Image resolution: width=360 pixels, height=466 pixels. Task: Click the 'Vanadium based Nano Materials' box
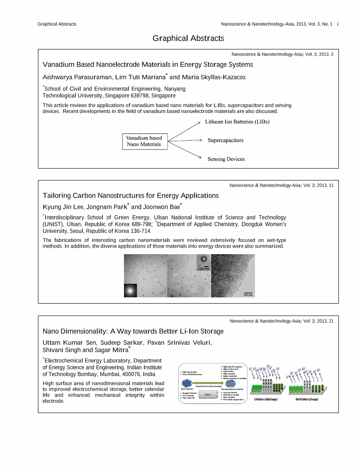144,141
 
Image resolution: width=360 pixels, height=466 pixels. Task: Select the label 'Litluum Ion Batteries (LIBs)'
237,121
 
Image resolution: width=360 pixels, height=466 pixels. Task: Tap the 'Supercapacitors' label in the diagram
225,140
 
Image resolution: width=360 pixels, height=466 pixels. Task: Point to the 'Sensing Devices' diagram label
226,159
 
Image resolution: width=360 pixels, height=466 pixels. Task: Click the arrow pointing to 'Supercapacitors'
185,140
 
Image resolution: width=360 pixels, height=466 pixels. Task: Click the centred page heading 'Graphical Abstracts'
188,38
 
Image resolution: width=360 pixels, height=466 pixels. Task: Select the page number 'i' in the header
337,24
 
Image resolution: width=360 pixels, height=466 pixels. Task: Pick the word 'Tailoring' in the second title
56,195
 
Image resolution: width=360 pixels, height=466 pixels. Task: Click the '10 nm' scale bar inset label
204,268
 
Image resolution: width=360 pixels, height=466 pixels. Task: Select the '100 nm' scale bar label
248,295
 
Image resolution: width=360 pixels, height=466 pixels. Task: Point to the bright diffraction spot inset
130,290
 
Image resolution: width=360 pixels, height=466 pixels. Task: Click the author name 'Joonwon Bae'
161,207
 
